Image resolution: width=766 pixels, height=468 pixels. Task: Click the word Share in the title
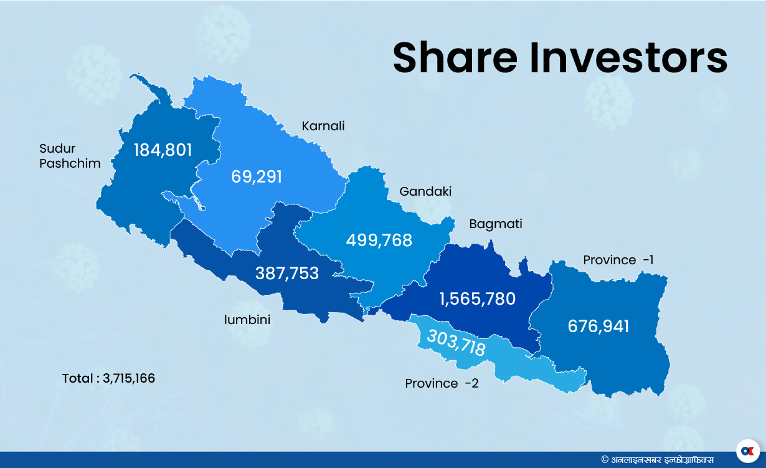pyautogui.click(x=455, y=58)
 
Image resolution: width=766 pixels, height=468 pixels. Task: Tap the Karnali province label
pyautogui.click(x=323, y=127)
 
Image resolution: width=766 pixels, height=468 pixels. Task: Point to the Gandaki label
pyautogui.click(x=425, y=191)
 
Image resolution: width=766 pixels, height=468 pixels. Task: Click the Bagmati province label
pyautogui.click(x=496, y=224)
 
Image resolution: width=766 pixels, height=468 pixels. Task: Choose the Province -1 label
pyautogui.click(x=618, y=260)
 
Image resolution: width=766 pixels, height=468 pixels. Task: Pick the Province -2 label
pyautogui.click(x=442, y=383)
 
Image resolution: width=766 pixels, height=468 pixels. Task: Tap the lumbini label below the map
pyautogui.click(x=247, y=320)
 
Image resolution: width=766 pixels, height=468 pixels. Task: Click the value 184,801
pyautogui.click(x=163, y=150)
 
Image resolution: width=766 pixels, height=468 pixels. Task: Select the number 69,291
pyautogui.click(x=257, y=176)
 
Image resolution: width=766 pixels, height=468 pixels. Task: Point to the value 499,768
pyautogui.click(x=379, y=241)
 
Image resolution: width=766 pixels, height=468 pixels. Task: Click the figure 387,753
pyautogui.click(x=287, y=273)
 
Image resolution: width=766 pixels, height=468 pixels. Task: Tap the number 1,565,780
pyautogui.click(x=478, y=299)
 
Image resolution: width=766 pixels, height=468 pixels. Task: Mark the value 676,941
pyautogui.click(x=598, y=326)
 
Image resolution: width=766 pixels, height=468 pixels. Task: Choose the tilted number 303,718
pyautogui.click(x=456, y=342)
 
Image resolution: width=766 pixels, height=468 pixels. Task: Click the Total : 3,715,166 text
pyautogui.click(x=108, y=378)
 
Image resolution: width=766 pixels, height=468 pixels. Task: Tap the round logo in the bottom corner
pyautogui.click(x=747, y=450)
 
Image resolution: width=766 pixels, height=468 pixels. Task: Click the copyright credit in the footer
pyautogui.click(x=658, y=459)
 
